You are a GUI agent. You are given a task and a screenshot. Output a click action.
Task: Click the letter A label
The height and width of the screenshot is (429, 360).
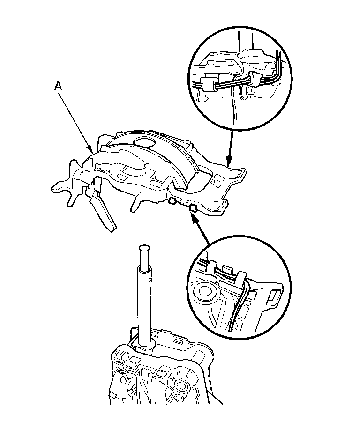click(58, 85)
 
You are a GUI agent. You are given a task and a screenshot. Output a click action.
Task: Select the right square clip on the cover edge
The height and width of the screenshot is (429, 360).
click(192, 207)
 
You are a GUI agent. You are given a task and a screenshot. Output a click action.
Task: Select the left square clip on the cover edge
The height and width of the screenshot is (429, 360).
click(172, 202)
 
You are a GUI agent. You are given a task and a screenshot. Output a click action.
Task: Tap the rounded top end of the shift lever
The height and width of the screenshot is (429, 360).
click(144, 248)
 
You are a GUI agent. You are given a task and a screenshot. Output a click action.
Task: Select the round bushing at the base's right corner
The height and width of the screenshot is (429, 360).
click(179, 385)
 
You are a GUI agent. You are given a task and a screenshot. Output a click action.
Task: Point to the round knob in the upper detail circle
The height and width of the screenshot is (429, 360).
click(244, 92)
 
